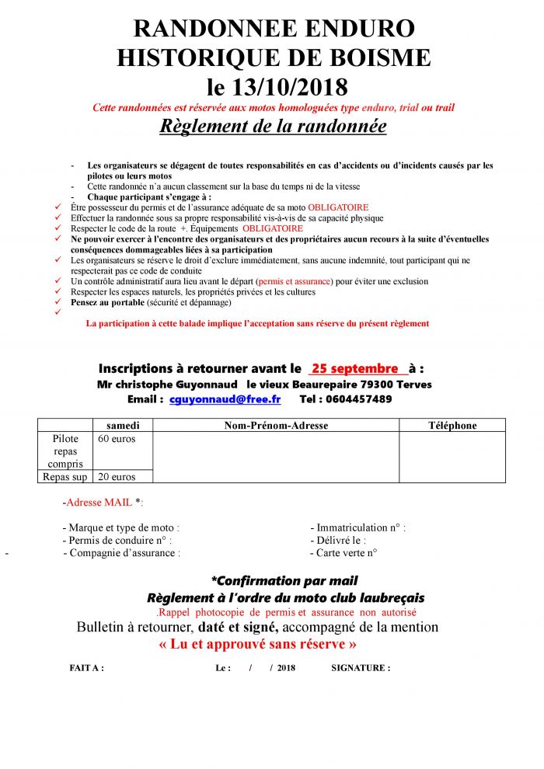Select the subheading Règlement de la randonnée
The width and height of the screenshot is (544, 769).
click(x=273, y=126)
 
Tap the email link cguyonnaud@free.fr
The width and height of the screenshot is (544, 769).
click(x=225, y=399)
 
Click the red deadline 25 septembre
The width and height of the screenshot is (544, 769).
click(x=354, y=368)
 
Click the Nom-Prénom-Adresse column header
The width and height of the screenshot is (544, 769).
click(x=276, y=426)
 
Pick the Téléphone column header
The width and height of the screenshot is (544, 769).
click(x=452, y=426)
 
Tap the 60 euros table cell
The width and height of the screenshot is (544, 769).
click(x=117, y=439)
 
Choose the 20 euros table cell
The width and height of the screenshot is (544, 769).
click(x=117, y=477)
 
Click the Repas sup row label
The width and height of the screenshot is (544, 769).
click(x=65, y=477)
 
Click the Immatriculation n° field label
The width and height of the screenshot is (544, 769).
click(x=357, y=527)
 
